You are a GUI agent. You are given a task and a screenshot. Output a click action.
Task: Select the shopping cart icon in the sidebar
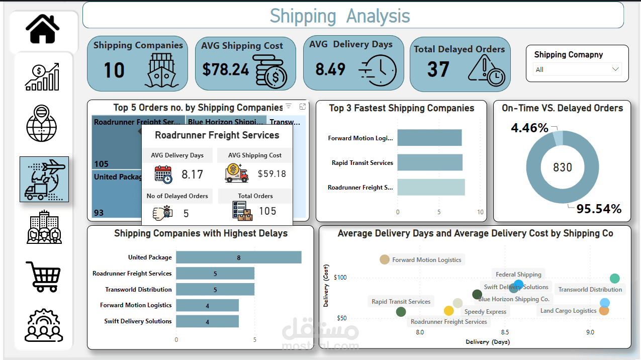point(43,276)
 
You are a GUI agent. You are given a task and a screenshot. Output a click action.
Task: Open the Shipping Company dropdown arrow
point(615,69)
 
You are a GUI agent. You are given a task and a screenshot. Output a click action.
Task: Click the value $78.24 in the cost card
point(226,69)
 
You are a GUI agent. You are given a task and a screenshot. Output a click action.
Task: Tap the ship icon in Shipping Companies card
point(161,71)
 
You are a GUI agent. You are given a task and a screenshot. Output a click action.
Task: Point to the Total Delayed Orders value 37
point(438,69)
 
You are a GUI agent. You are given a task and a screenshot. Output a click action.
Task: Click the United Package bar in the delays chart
point(238,257)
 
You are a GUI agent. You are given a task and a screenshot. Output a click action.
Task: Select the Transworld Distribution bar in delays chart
point(215,290)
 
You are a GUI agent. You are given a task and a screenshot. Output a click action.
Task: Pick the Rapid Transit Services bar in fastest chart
point(429,163)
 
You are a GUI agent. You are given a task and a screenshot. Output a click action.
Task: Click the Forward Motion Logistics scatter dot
point(385,259)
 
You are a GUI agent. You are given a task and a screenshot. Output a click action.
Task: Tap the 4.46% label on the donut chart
point(529,128)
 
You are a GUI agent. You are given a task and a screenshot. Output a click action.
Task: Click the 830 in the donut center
point(563,167)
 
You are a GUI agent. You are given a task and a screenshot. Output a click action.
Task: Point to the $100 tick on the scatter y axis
point(340,278)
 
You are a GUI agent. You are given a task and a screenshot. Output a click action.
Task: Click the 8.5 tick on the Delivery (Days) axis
point(505,332)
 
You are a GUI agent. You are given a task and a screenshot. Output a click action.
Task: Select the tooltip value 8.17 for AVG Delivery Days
point(192,174)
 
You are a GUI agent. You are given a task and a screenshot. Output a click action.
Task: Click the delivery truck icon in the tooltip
point(237,174)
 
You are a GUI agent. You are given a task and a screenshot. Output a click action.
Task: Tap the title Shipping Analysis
point(340,16)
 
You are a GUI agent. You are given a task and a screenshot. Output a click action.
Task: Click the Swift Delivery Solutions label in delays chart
point(138,321)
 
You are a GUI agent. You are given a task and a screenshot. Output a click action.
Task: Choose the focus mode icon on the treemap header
point(303,107)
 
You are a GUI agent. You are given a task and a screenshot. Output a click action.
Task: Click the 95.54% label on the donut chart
point(599,209)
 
